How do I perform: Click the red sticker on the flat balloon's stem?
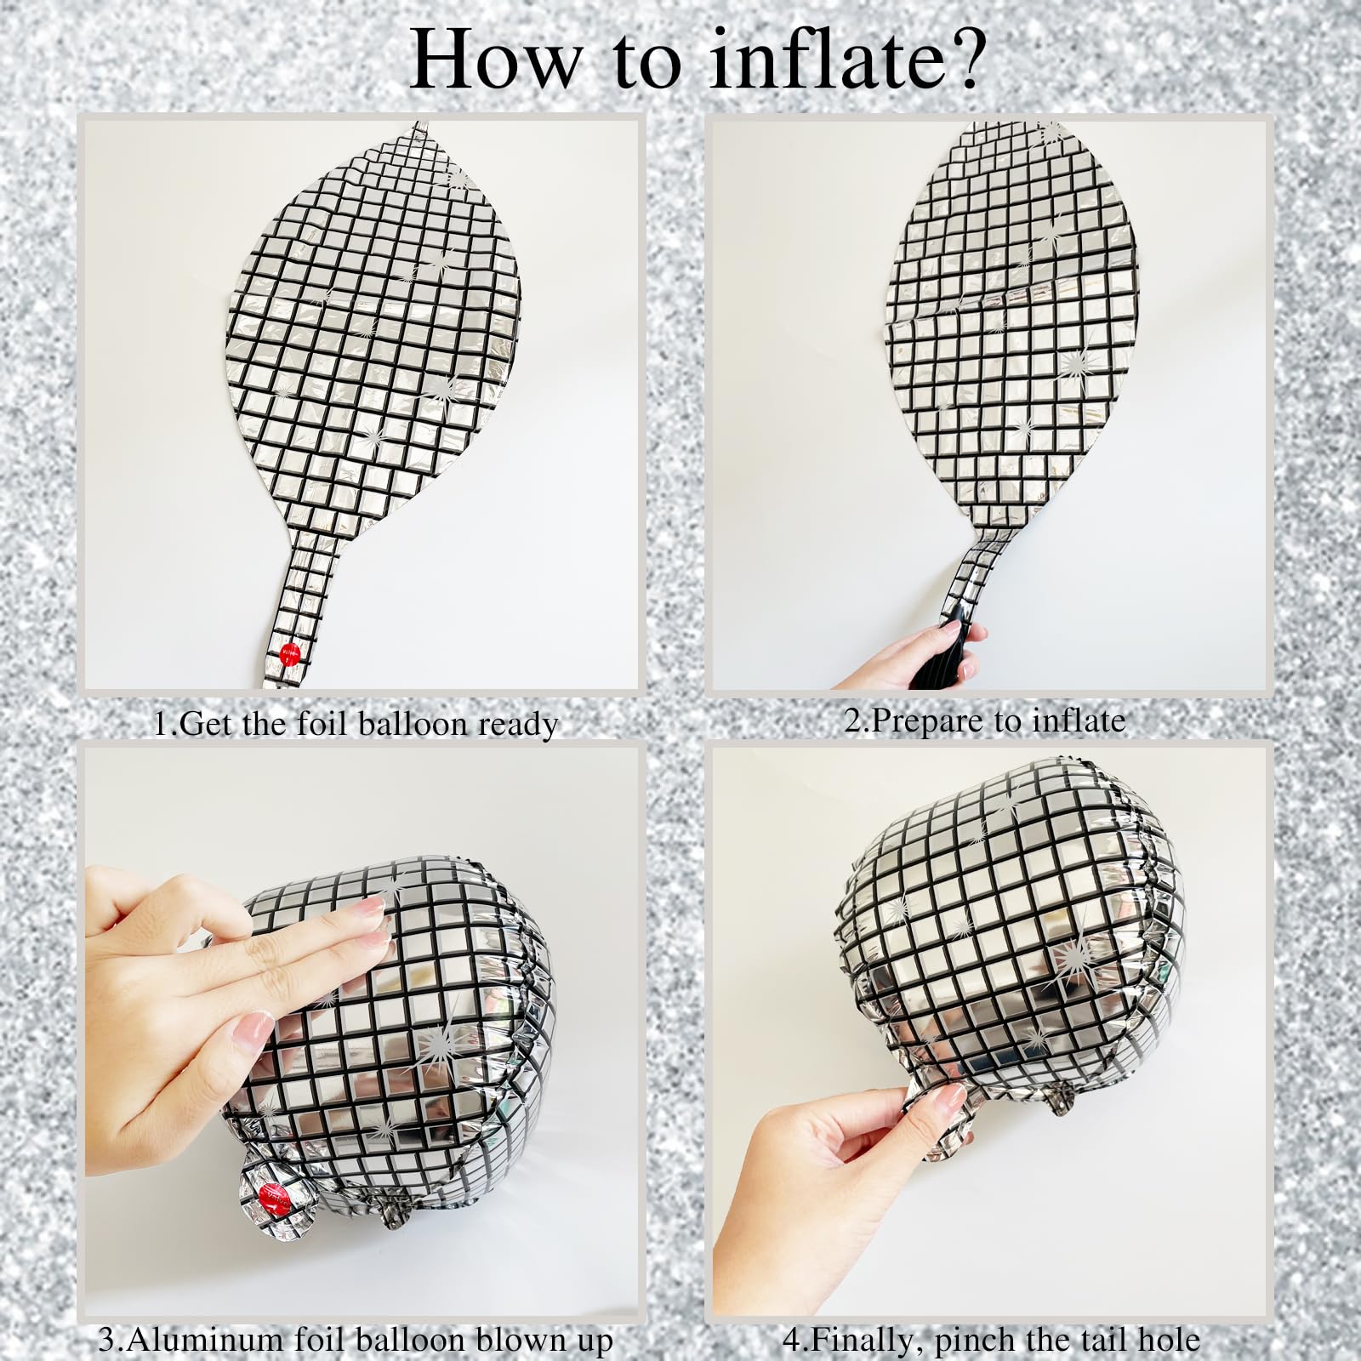point(290,653)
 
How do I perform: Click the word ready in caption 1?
point(517,724)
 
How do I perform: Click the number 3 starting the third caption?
point(106,1340)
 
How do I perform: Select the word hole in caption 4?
point(1170,1340)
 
